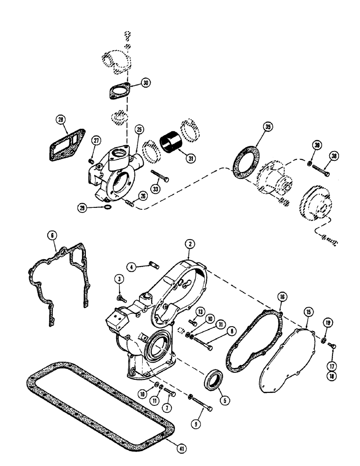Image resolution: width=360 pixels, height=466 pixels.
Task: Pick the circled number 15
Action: coord(307,311)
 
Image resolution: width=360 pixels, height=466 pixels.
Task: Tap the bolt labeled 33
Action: coord(159,178)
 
